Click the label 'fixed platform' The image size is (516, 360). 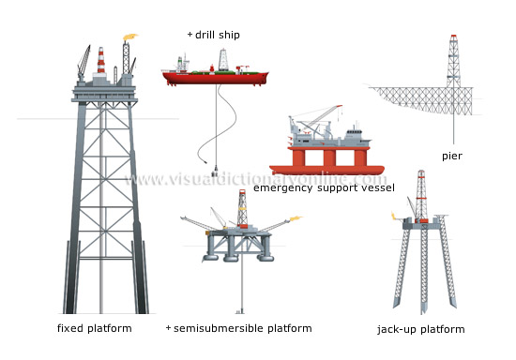tap(94, 328)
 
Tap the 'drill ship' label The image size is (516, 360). tap(218, 35)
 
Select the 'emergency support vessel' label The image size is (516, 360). tap(324, 187)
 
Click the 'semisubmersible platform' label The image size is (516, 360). tap(243, 328)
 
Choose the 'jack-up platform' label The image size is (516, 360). tap(420, 329)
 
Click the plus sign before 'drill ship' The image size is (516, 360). tap(190, 35)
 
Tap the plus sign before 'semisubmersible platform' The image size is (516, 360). tap(168, 328)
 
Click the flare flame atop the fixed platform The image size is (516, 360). tap(129, 41)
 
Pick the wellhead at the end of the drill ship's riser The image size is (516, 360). tap(214, 172)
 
